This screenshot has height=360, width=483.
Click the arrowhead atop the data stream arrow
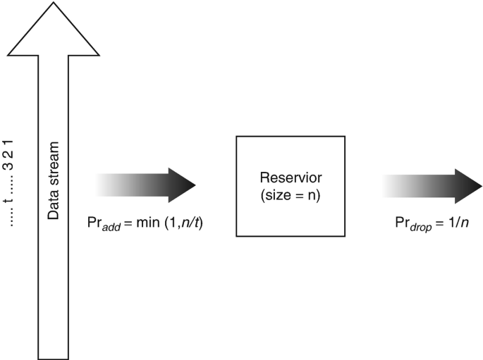click(54, 28)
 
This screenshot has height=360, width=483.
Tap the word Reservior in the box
click(290, 179)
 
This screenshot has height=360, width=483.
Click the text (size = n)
click(290, 195)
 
